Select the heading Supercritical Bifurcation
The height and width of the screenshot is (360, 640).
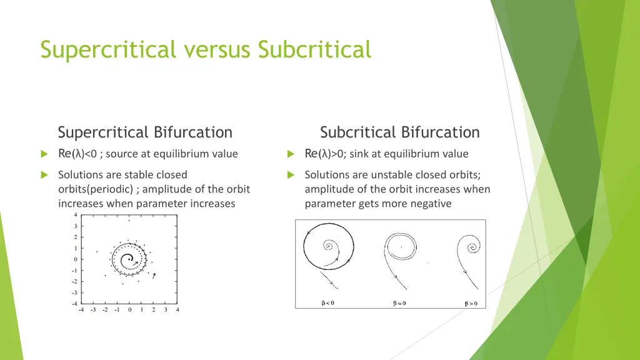tap(145, 132)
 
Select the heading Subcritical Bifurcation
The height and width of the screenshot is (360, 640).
tap(399, 132)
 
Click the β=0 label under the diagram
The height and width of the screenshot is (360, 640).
tap(399, 303)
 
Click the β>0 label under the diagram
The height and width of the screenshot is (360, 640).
tap(471, 303)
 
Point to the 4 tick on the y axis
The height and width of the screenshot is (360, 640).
tap(76, 215)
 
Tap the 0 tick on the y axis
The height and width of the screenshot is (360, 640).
tap(76, 259)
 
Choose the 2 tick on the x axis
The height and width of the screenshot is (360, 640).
tap(154, 309)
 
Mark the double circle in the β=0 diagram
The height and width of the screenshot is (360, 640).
tap(401, 246)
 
